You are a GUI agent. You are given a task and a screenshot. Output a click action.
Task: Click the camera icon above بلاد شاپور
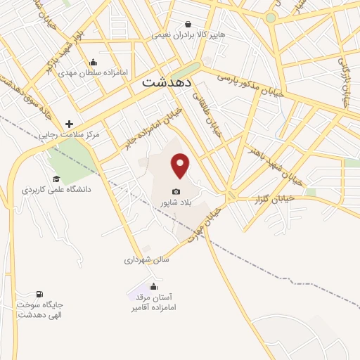click(176, 191)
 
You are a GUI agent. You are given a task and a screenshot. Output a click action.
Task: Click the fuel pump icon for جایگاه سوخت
click(39, 294)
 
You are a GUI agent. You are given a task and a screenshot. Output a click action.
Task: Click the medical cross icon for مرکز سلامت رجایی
click(69, 124)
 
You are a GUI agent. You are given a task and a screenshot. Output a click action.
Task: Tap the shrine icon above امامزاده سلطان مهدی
click(94, 62)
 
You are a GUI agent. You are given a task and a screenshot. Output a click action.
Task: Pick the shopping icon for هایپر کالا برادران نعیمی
click(187, 24)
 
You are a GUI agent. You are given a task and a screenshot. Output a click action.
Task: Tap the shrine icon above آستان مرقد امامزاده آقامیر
click(153, 286)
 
